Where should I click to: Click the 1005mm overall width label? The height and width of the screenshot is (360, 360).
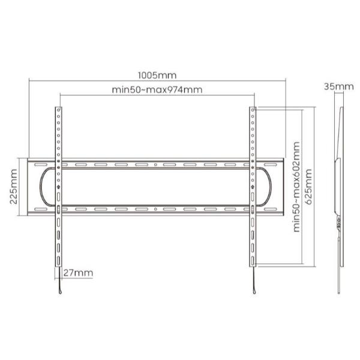tap(157, 76)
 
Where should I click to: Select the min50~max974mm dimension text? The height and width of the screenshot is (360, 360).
tap(157, 90)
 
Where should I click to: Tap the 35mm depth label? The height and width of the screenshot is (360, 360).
tap(338, 86)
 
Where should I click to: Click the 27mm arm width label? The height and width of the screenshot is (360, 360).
tap(78, 273)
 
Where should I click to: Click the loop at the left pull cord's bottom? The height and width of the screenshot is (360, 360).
tap(59, 292)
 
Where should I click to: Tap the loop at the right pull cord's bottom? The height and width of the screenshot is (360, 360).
tap(256, 292)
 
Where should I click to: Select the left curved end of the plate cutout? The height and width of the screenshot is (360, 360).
tap(42, 187)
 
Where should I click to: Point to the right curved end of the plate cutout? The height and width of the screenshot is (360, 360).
tap(271, 187)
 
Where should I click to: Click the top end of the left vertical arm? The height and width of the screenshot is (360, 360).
tap(58, 109)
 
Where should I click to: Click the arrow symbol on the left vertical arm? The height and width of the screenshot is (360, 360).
tap(58, 185)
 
